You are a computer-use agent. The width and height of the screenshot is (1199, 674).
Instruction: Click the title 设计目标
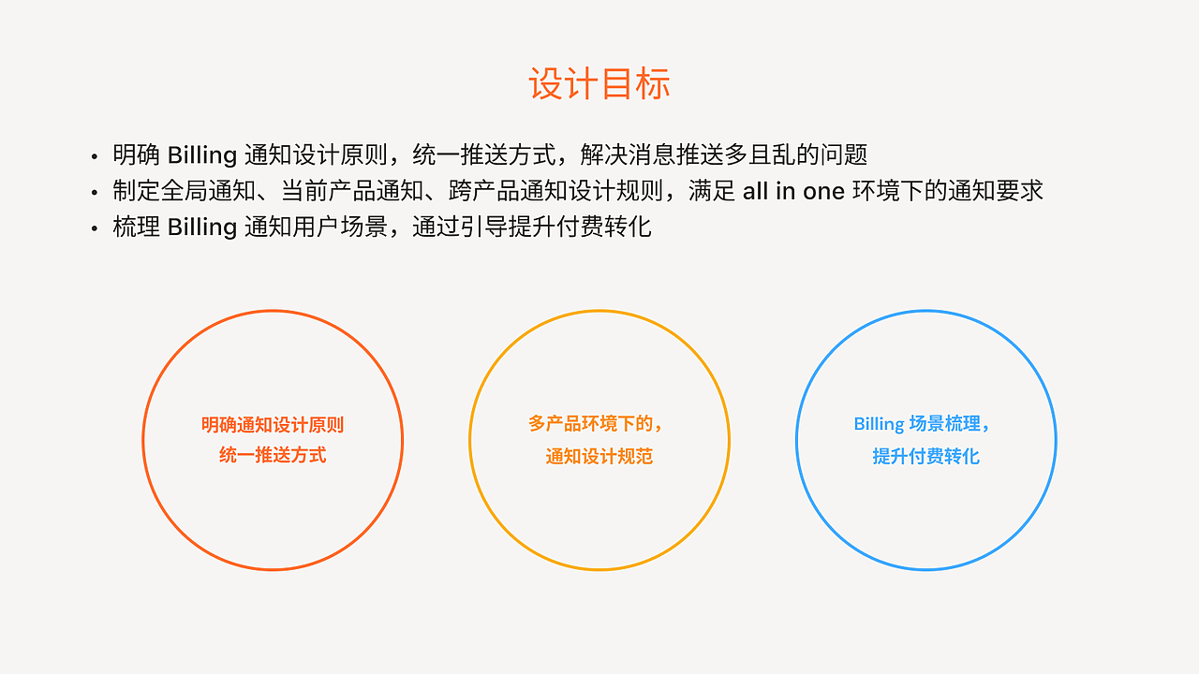(x=599, y=84)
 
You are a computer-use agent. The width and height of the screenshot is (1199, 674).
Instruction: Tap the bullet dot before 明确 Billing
(x=95, y=156)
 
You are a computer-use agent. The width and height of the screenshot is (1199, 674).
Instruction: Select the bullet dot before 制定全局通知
(x=95, y=193)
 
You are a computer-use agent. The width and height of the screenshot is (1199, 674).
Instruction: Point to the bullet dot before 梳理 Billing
(x=95, y=229)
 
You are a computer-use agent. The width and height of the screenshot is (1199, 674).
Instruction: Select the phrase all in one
(x=793, y=191)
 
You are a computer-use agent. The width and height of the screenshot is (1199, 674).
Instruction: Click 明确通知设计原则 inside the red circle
(x=273, y=425)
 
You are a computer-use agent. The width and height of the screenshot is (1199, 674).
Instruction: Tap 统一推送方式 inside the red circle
(x=273, y=456)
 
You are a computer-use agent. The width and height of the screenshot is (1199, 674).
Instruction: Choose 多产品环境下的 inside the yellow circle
(x=593, y=424)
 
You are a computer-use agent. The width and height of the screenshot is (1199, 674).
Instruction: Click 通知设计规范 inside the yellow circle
(x=599, y=457)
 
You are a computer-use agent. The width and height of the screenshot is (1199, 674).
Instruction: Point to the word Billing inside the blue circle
(x=879, y=424)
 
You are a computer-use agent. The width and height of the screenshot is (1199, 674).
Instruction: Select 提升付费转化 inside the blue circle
(x=925, y=457)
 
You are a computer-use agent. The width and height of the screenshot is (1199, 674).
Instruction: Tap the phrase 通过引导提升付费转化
(x=532, y=227)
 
